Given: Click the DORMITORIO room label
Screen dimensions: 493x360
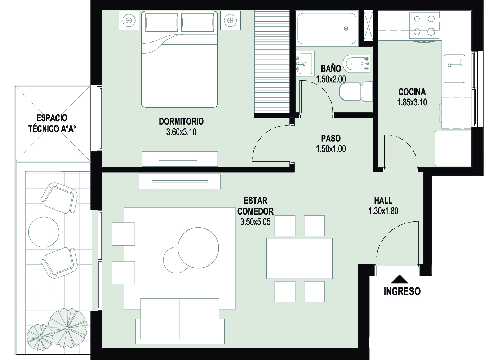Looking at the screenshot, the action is (x=181, y=122).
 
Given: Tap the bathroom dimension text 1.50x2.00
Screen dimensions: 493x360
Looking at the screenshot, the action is (x=331, y=79).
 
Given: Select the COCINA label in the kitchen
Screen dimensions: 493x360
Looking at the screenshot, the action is (x=412, y=92).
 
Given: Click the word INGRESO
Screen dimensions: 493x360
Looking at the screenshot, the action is (x=402, y=291).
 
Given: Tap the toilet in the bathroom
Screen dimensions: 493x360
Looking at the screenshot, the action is (x=356, y=91).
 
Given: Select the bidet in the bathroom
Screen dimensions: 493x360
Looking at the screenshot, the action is (x=356, y=64).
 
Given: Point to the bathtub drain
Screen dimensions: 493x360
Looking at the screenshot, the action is (x=346, y=28).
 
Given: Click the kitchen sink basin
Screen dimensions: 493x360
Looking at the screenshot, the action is (x=454, y=69).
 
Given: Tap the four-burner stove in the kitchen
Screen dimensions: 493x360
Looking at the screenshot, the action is (x=424, y=25).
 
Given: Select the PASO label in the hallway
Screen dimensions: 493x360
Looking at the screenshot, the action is (x=331, y=139).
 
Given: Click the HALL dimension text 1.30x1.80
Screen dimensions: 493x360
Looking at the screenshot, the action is (x=383, y=211).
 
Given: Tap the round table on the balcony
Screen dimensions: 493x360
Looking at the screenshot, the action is (x=44, y=232).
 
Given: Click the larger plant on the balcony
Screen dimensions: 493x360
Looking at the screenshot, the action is (x=68, y=328).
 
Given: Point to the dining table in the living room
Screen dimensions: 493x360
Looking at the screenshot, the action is (x=299, y=258).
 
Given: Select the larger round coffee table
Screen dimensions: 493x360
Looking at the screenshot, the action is (x=198, y=248).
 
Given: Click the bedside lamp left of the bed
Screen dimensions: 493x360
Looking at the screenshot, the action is (x=129, y=21).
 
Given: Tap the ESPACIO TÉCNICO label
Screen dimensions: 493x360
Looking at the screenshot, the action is (x=52, y=124).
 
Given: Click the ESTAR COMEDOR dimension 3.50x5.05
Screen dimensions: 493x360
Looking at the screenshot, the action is (x=255, y=222).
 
